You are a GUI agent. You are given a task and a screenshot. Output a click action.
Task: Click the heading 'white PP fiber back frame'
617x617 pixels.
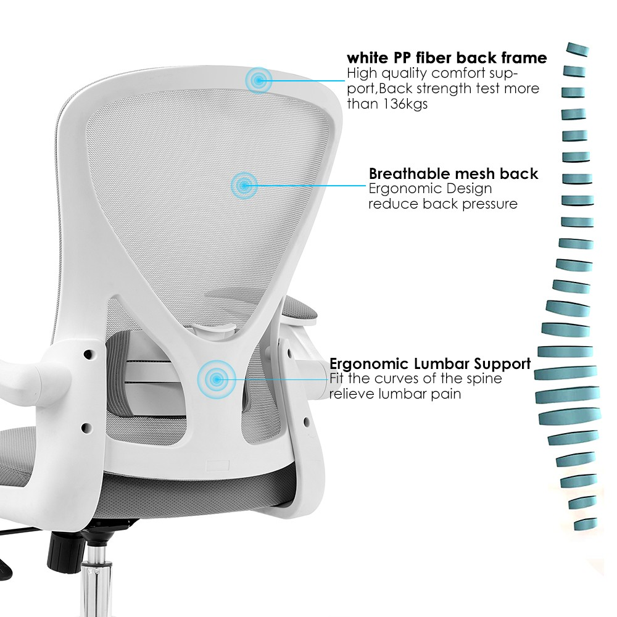click(446, 58)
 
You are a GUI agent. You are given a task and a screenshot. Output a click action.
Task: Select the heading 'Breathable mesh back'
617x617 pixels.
click(453, 174)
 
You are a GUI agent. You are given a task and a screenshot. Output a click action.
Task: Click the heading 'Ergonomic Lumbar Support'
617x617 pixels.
click(429, 363)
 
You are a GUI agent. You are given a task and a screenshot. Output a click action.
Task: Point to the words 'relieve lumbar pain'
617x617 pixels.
click(395, 394)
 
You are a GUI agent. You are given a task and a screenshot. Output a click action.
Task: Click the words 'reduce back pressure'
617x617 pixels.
click(442, 204)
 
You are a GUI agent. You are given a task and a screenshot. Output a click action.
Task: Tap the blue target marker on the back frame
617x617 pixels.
click(258, 79)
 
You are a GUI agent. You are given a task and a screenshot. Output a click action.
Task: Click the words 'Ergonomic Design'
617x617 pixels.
click(430, 189)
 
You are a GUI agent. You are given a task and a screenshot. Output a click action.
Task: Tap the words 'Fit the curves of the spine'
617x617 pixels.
click(415, 378)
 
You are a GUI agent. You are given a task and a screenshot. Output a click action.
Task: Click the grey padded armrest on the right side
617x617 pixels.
click(302, 308)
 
